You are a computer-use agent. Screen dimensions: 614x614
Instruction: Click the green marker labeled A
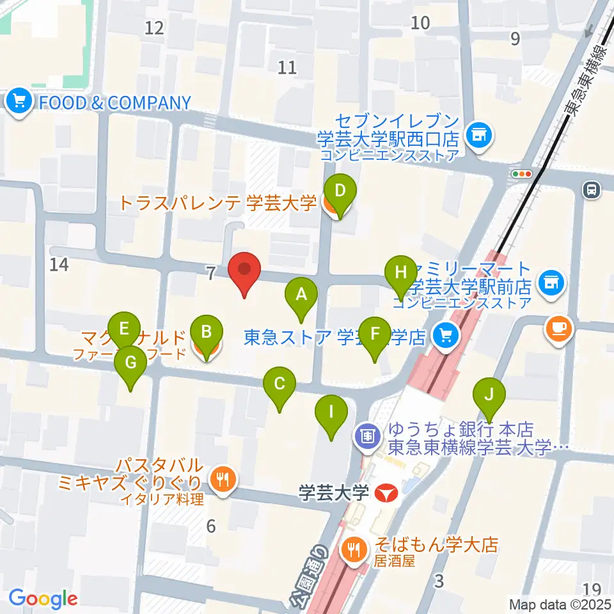[301, 296]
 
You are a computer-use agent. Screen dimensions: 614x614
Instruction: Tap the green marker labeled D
[340, 191]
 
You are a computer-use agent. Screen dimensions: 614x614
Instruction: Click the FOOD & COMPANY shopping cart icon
[20, 102]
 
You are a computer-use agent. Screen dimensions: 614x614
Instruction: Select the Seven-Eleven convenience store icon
[479, 135]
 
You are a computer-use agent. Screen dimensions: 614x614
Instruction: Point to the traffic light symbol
[523, 173]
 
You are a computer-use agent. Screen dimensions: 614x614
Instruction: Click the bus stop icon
[591, 189]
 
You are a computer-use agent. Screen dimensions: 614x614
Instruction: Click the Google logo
[43, 599]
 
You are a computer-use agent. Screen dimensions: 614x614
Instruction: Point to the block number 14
[59, 264]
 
